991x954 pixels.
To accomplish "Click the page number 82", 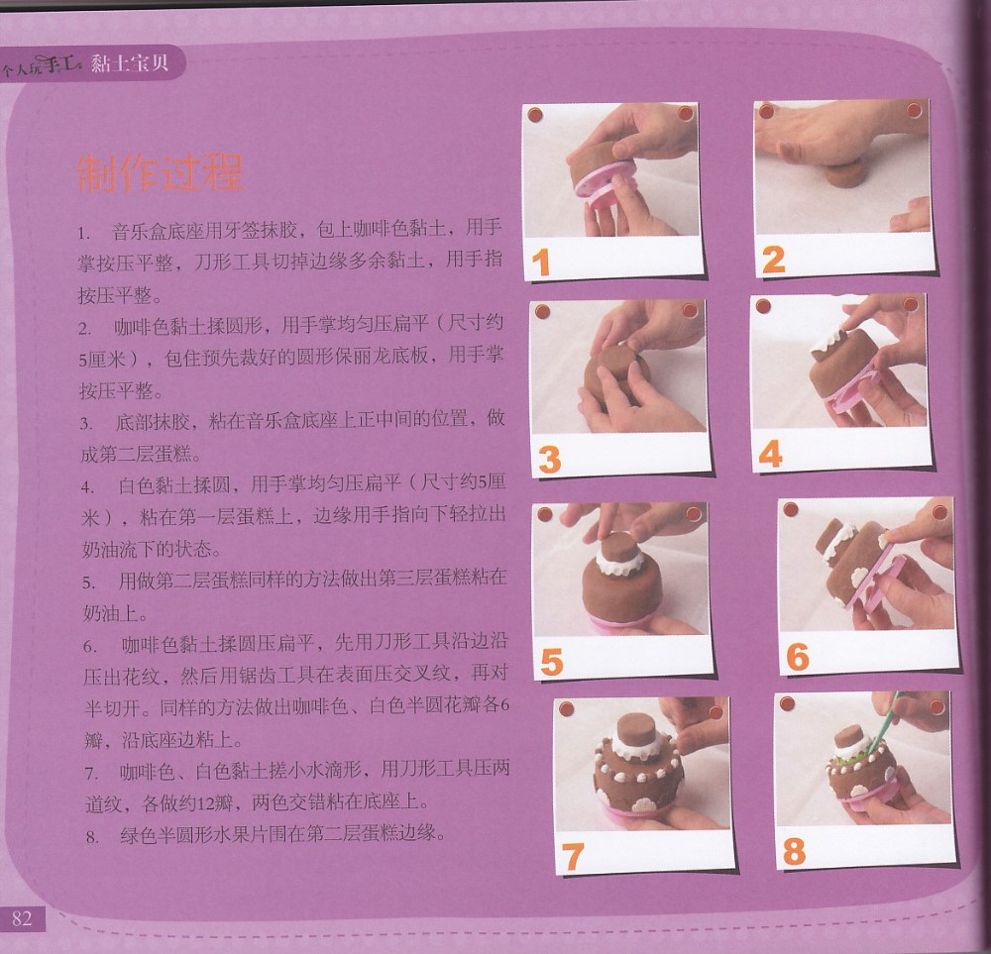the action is point(22,918).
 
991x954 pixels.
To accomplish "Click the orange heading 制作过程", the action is point(161,172).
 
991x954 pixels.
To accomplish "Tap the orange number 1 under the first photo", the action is point(541,263).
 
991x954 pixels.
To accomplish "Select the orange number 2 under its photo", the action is point(774,260).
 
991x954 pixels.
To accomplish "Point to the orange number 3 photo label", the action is point(550,460).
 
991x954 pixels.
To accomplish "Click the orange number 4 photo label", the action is point(771,455).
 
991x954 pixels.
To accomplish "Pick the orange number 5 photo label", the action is point(552,662).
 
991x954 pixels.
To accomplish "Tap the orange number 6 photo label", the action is point(798,657).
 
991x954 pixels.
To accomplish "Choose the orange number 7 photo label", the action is point(572,857).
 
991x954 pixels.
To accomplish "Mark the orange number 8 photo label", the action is point(794,851).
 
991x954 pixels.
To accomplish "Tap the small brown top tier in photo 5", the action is point(619,546).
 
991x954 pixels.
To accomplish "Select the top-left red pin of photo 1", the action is point(535,116).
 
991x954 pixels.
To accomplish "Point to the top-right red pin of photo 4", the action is point(911,305).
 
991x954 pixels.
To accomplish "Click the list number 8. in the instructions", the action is point(92,838).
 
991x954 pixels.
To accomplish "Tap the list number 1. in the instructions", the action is point(84,233).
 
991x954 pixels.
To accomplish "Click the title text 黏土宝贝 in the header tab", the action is point(130,62).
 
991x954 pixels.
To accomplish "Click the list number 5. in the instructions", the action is point(89,583).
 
